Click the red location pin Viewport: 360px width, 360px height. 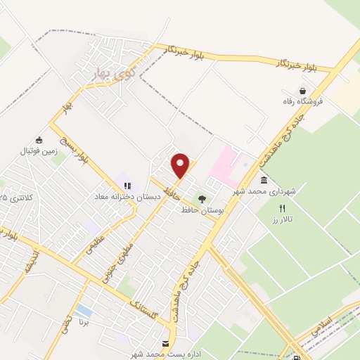click(x=181, y=166)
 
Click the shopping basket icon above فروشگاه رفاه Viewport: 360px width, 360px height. click(x=302, y=91)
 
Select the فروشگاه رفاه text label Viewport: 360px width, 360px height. click(x=303, y=101)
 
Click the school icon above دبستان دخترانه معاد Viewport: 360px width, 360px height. click(x=127, y=186)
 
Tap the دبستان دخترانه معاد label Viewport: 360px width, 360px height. click(x=130, y=197)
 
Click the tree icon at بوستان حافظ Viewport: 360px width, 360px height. click(x=202, y=199)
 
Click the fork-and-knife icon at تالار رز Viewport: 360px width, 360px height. click(x=283, y=208)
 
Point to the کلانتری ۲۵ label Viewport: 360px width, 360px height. click(x=14, y=198)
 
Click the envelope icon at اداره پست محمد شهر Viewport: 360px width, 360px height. click(x=166, y=344)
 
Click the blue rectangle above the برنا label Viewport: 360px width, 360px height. click(x=83, y=311)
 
